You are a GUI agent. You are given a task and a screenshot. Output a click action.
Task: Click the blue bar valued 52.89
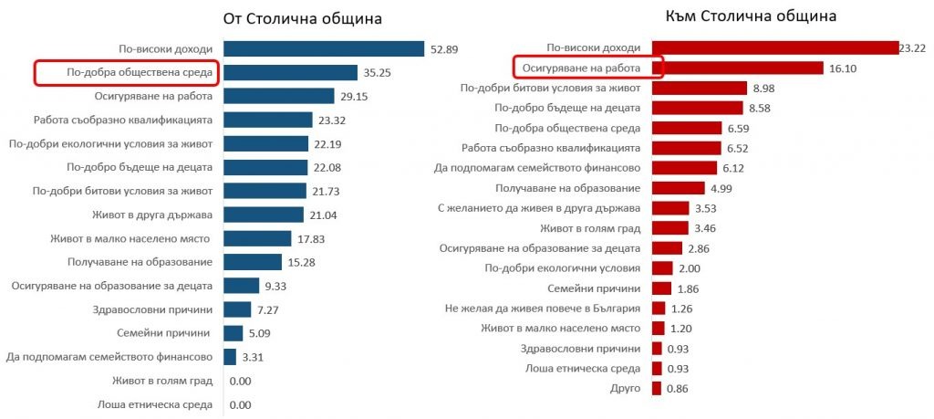[324, 48]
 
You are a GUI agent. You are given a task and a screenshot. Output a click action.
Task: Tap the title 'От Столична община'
[303, 18]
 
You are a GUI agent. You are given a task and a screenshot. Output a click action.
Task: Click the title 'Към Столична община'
[764, 16]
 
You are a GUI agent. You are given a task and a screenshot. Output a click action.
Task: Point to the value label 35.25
[378, 72]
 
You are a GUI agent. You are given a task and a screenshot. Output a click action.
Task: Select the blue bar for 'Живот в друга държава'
[264, 215]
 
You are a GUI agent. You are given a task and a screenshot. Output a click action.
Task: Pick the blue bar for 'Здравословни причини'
[237, 309]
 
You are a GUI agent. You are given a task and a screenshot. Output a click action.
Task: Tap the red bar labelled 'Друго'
[658, 389]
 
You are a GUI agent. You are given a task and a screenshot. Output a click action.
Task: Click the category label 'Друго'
[624, 389]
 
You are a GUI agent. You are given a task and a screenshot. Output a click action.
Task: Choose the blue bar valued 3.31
[230, 357]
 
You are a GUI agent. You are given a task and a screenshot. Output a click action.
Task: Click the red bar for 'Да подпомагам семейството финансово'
[680, 168]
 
